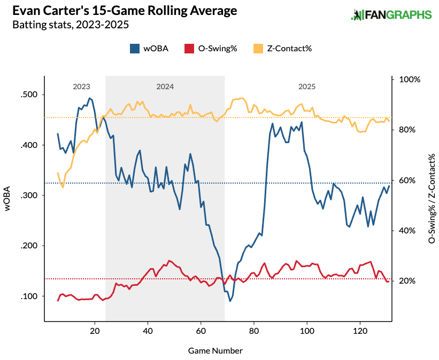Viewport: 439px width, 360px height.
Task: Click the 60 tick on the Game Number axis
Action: [201, 331]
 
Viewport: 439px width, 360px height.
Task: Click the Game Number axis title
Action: [215, 351]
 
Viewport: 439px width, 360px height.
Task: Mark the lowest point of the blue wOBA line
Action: [230, 301]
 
